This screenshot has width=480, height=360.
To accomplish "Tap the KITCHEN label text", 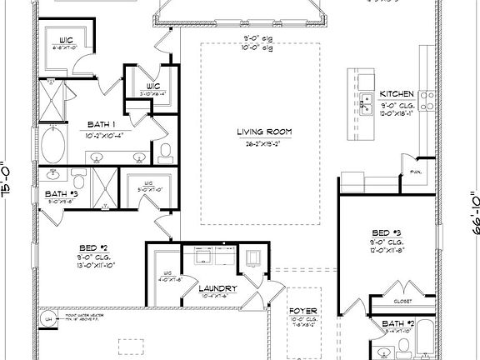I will [x=397, y=93].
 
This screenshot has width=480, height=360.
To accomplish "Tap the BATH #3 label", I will [x=60, y=194].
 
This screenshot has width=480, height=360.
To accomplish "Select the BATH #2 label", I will [x=398, y=322].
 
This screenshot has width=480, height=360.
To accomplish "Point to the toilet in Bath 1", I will [x=165, y=151].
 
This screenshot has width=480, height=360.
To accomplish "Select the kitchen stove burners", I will [x=428, y=100].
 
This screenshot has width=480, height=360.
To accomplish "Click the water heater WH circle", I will [x=49, y=320].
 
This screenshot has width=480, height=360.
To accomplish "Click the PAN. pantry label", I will [x=414, y=172].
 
